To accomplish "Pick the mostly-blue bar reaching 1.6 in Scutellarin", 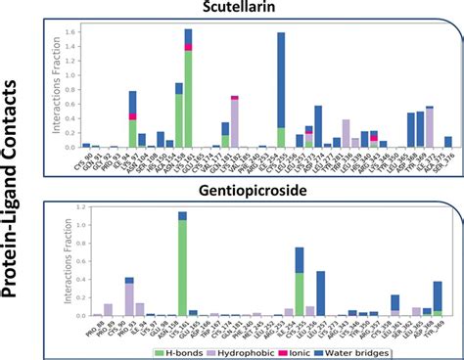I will [281, 88].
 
